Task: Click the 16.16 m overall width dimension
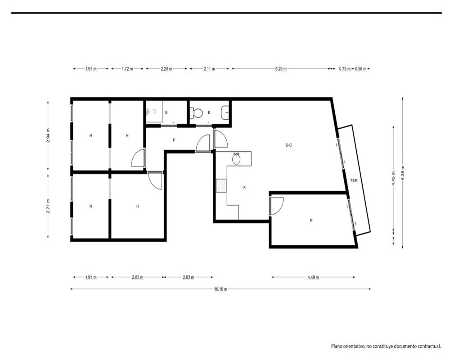point(220,289)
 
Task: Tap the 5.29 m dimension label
point(281,69)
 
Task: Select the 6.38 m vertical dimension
point(403,173)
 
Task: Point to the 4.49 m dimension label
point(313,277)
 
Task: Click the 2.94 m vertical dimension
point(48,135)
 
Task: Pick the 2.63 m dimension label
point(188,277)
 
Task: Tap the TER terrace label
point(354,180)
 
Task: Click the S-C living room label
point(289,145)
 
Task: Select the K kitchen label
point(244,188)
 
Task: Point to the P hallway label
point(174,140)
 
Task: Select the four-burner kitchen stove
point(221,185)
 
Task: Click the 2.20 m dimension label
point(166,69)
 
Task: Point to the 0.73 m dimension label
point(344,69)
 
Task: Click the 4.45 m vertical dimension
point(393,179)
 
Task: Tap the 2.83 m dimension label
point(137,277)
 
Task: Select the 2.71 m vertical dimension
point(48,206)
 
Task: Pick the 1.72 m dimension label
point(127,69)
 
